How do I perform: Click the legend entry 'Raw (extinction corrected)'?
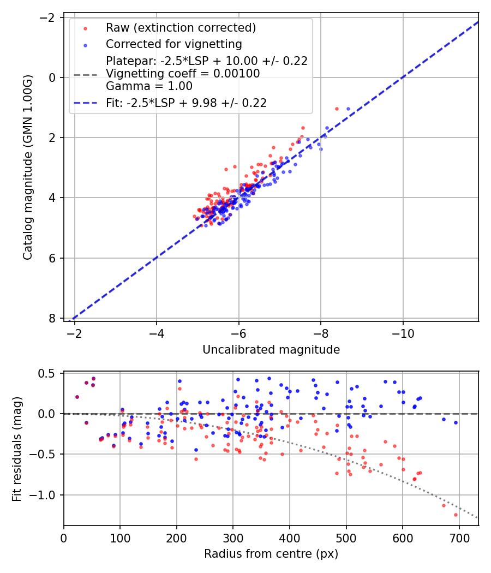click(181, 28)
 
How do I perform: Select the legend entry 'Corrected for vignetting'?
click(173, 44)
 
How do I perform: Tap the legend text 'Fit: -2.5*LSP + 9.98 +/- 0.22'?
click(186, 103)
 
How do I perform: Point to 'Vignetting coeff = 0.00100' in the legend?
click(183, 73)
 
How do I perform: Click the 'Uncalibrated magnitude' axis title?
click(271, 350)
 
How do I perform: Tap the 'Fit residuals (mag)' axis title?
click(17, 449)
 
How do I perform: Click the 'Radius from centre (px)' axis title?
click(271, 554)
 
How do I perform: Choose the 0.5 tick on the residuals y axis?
click(47, 373)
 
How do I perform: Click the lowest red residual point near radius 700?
click(456, 515)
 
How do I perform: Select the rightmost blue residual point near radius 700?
click(456, 422)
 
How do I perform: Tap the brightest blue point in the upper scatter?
click(348, 109)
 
